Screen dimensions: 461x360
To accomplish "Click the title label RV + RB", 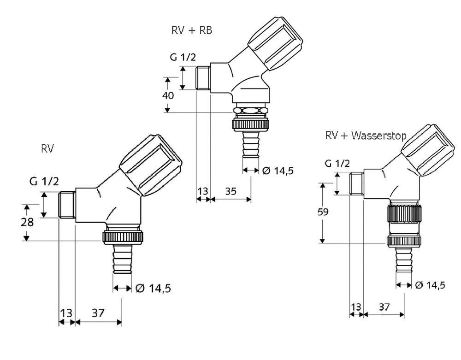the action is click(x=191, y=30).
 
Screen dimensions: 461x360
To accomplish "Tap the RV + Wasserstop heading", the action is click(x=366, y=136).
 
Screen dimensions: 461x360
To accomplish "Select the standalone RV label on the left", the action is click(x=47, y=149).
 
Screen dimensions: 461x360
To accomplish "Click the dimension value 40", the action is click(x=168, y=95).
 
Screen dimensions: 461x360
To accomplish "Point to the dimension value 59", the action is click(x=323, y=212).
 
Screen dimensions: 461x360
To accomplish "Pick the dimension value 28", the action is click(x=27, y=222).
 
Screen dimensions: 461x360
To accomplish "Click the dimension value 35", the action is click(x=231, y=191).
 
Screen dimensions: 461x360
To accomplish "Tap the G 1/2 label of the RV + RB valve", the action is click(x=183, y=57).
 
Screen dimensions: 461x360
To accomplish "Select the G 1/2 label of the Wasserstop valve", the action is click(x=337, y=163).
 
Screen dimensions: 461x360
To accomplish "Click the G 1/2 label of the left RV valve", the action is click(x=44, y=181).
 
